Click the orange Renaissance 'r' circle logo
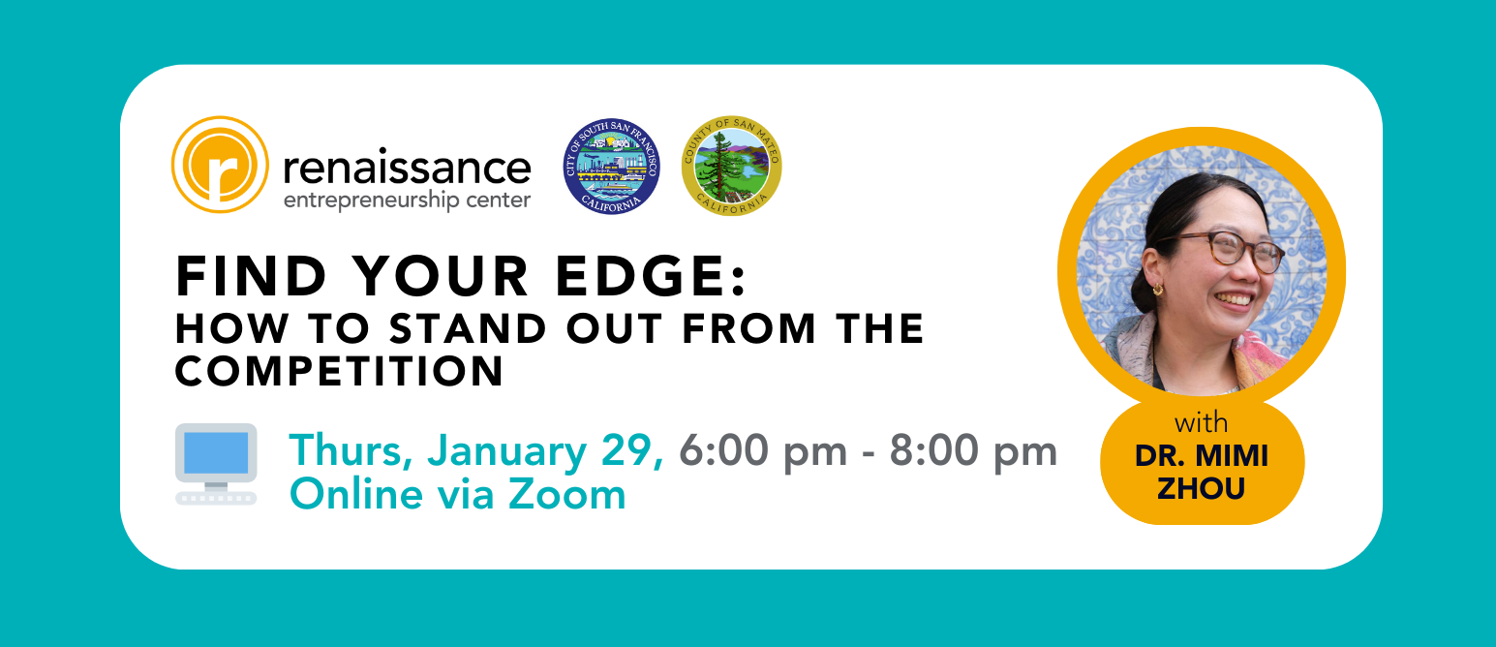coord(220,165)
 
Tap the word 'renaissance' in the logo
coord(408,168)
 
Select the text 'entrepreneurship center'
coord(408,200)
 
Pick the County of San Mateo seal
coord(731,166)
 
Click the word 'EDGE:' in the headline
coord(651,276)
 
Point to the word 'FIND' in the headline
coord(251,276)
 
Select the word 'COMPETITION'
coord(339,371)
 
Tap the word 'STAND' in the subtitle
coord(469,329)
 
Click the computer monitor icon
coord(216,464)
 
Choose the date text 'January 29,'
coord(546,451)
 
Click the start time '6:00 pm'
coord(763,451)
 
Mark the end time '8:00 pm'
coord(974,451)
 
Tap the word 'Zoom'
coord(567,494)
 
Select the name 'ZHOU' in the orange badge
coord(1201,488)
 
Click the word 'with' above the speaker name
coord(1201,422)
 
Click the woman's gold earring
coord(1157,290)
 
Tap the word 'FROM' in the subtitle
coord(748,329)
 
